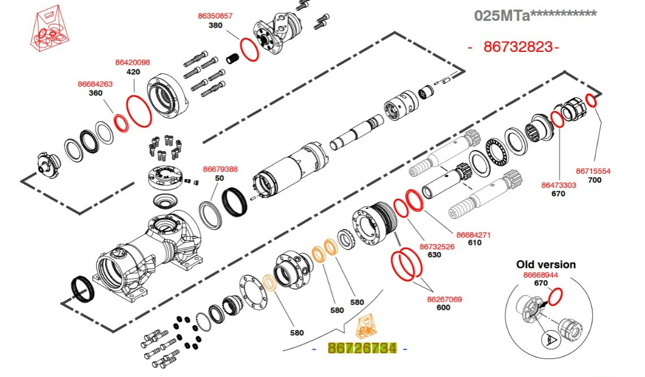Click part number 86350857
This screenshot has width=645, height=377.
(215, 16)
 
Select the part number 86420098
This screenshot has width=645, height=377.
(133, 63)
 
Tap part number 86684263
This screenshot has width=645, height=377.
(95, 84)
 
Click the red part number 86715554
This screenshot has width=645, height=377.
(593, 171)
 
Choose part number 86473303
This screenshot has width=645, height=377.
(559, 185)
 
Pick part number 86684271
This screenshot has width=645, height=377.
(474, 234)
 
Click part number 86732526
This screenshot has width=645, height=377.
(437, 247)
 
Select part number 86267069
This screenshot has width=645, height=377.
(444, 299)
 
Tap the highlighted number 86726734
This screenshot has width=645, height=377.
(362, 348)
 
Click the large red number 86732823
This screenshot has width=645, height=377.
(518, 47)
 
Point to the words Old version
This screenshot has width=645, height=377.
(546, 264)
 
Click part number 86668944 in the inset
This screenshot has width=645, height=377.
(540, 275)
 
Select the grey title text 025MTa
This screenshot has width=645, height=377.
(502, 15)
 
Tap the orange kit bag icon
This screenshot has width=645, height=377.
(366, 327)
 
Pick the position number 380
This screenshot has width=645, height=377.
(215, 25)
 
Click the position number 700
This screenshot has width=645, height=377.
(595, 180)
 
